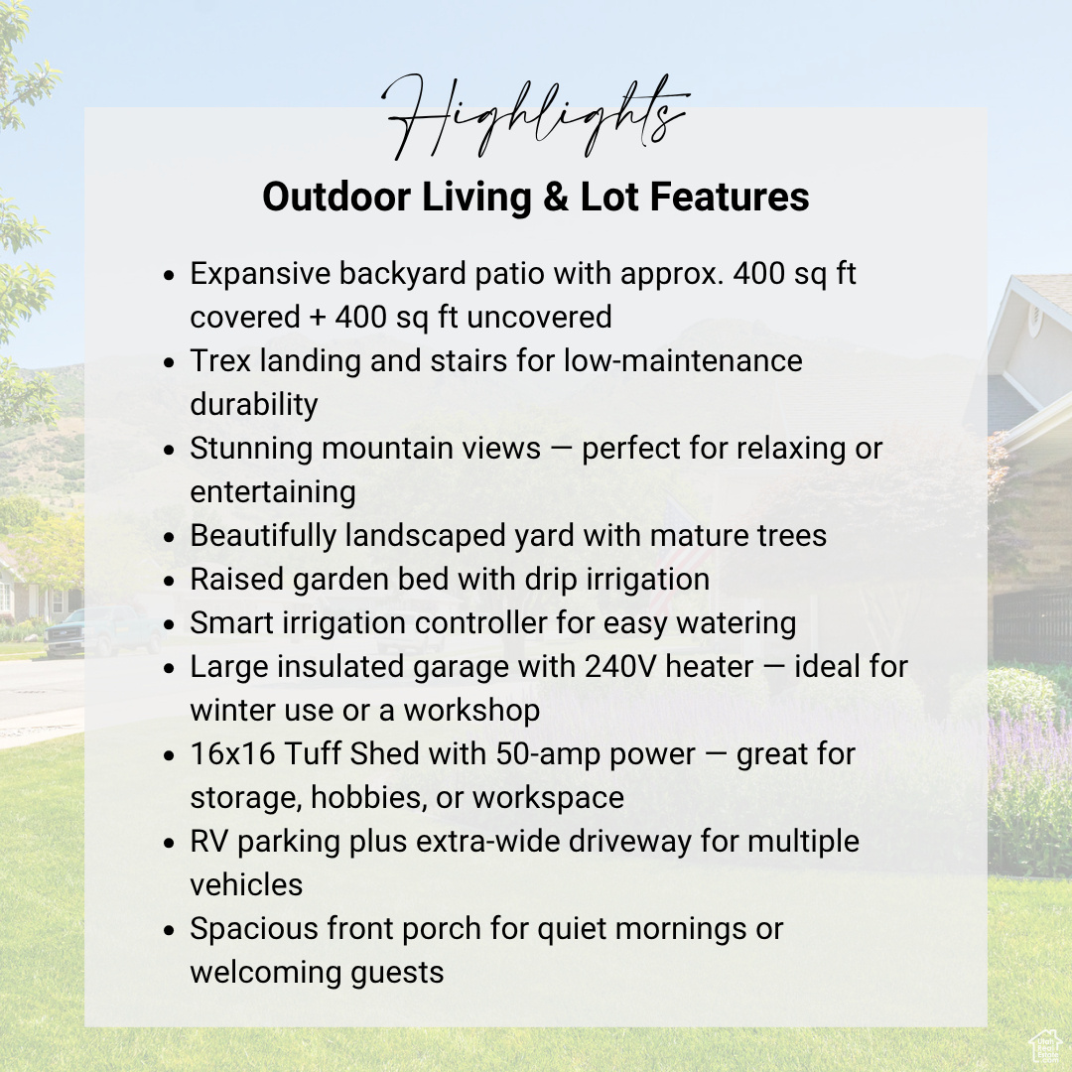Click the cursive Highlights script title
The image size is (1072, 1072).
(536, 117)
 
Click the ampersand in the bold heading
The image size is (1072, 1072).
(557, 197)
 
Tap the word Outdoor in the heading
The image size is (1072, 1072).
(336, 197)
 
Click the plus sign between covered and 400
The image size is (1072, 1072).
(317, 318)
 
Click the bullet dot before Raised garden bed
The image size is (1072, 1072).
(170, 581)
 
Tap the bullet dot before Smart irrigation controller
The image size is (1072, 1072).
(170, 624)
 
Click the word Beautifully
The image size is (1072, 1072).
(262, 536)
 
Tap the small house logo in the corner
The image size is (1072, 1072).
(1046, 1047)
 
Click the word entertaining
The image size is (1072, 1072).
(273, 492)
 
